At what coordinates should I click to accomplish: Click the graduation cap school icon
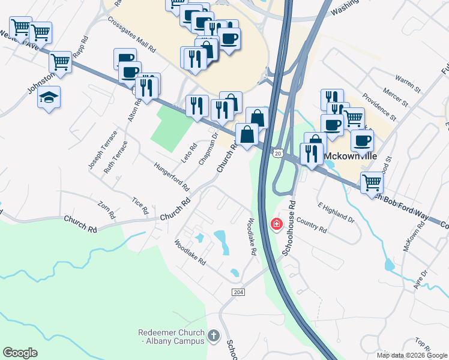49,97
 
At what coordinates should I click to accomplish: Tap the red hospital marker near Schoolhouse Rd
276,224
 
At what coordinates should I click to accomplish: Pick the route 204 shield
237,291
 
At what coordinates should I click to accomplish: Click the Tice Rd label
140,206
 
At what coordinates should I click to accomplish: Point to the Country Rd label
311,225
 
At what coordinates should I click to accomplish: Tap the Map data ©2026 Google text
412,355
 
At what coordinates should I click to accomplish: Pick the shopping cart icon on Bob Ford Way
372,181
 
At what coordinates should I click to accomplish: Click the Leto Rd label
189,155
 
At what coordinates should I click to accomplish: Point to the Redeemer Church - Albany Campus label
172,336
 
